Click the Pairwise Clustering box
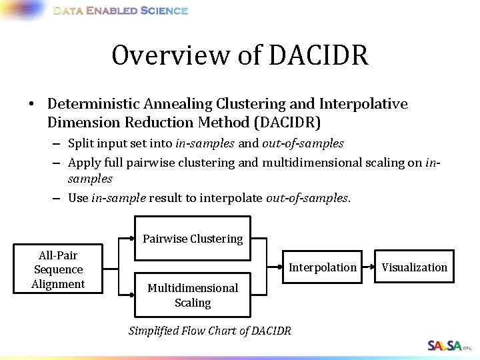pyautogui.click(x=193, y=238)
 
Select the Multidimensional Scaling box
pyautogui.click(x=193, y=295)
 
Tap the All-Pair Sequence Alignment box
pyautogui.click(x=58, y=269)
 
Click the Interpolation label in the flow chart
pyautogui.click(x=322, y=267)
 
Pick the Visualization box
pyautogui.click(x=414, y=267)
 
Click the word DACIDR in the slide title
pyautogui.click(x=319, y=55)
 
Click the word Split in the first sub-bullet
pyautogui.click(x=81, y=143)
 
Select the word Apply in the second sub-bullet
pyautogui.click(x=84, y=162)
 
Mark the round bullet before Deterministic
pyautogui.click(x=31, y=105)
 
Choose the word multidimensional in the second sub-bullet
pyautogui.click(x=307, y=162)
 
